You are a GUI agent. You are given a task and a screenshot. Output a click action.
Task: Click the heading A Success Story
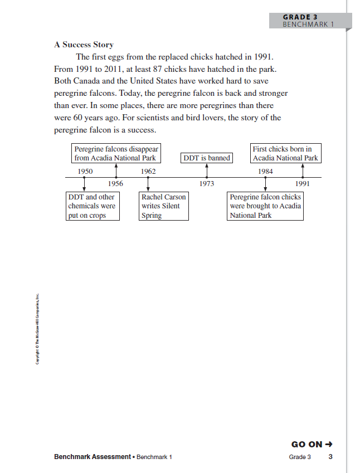pyautogui.click(x=84, y=45)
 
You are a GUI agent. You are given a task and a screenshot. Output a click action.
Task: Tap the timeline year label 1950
pyautogui.click(x=85, y=171)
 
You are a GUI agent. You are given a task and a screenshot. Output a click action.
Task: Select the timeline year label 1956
pyautogui.click(x=115, y=183)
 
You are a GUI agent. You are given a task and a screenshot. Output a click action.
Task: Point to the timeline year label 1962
pyautogui.click(x=148, y=171)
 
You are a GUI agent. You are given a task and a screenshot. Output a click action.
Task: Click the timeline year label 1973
pyautogui.click(x=206, y=183)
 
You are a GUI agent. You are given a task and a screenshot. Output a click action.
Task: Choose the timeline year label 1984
pyautogui.click(x=265, y=171)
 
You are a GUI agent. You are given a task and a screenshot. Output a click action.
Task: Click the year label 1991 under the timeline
pyautogui.click(x=303, y=183)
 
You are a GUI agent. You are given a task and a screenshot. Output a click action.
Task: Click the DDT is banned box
pyautogui.click(x=207, y=158)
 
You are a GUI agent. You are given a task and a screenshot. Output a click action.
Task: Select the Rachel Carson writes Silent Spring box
pyautogui.click(x=163, y=206)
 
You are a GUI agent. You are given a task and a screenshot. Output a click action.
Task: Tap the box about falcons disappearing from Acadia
pyautogui.click(x=116, y=153)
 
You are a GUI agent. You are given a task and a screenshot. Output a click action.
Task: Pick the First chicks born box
pyautogui.click(x=285, y=153)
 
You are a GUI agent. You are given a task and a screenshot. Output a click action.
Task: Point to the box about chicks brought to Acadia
pyautogui.click(x=266, y=206)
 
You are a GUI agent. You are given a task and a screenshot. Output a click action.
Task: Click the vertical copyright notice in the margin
pyautogui.click(x=37, y=329)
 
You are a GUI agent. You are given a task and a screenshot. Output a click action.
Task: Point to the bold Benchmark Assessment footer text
pyautogui.click(x=92, y=457)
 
